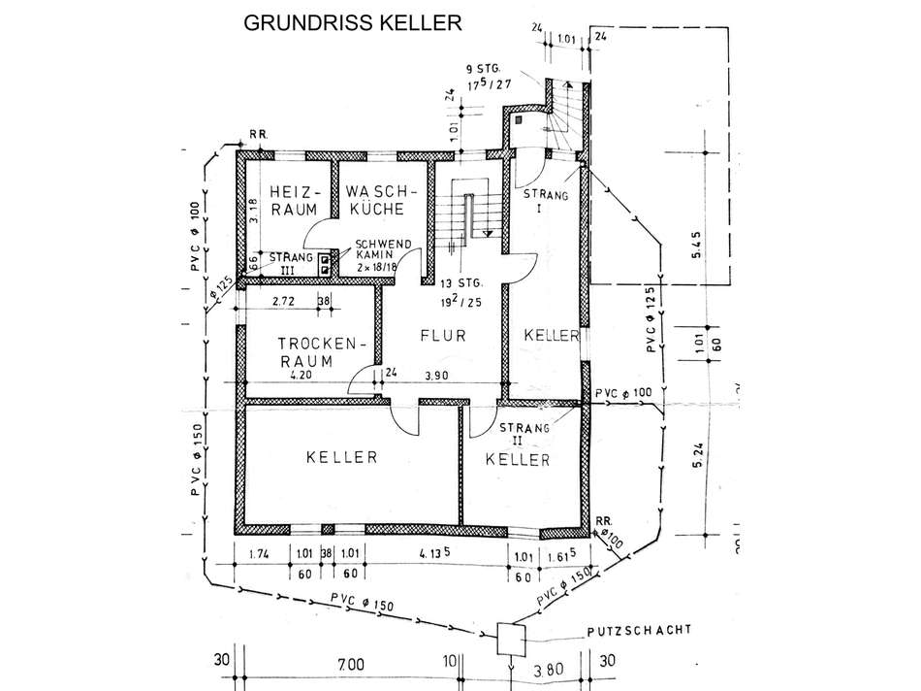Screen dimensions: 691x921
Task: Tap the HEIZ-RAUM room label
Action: pos(288,200)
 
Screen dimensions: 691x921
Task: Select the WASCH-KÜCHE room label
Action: pos(380,200)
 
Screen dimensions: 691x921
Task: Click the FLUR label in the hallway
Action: pos(444,336)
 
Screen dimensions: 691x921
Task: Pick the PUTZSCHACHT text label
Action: pos(639,630)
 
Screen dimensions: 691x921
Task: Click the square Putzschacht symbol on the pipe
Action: pos(509,639)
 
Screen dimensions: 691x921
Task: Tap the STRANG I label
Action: pos(546,201)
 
